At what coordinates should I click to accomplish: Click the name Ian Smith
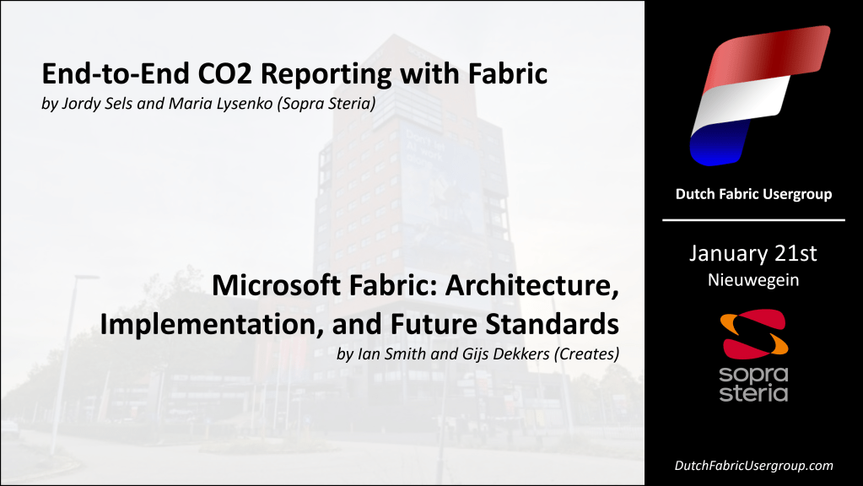pyautogui.click(x=394, y=354)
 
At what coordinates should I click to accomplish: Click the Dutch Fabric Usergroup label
pyautogui.click(x=753, y=194)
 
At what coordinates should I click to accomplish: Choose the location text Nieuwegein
pyautogui.click(x=753, y=279)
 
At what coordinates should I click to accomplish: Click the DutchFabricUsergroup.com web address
pyautogui.click(x=753, y=466)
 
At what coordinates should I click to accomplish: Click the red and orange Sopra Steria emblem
pyautogui.click(x=753, y=332)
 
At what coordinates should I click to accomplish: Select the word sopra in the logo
pyautogui.click(x=753, y=374)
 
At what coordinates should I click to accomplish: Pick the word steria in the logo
pyautogui.click(x=753, y=393)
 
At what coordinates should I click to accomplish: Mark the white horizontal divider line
pyautogui.click(x=753, y=219)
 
